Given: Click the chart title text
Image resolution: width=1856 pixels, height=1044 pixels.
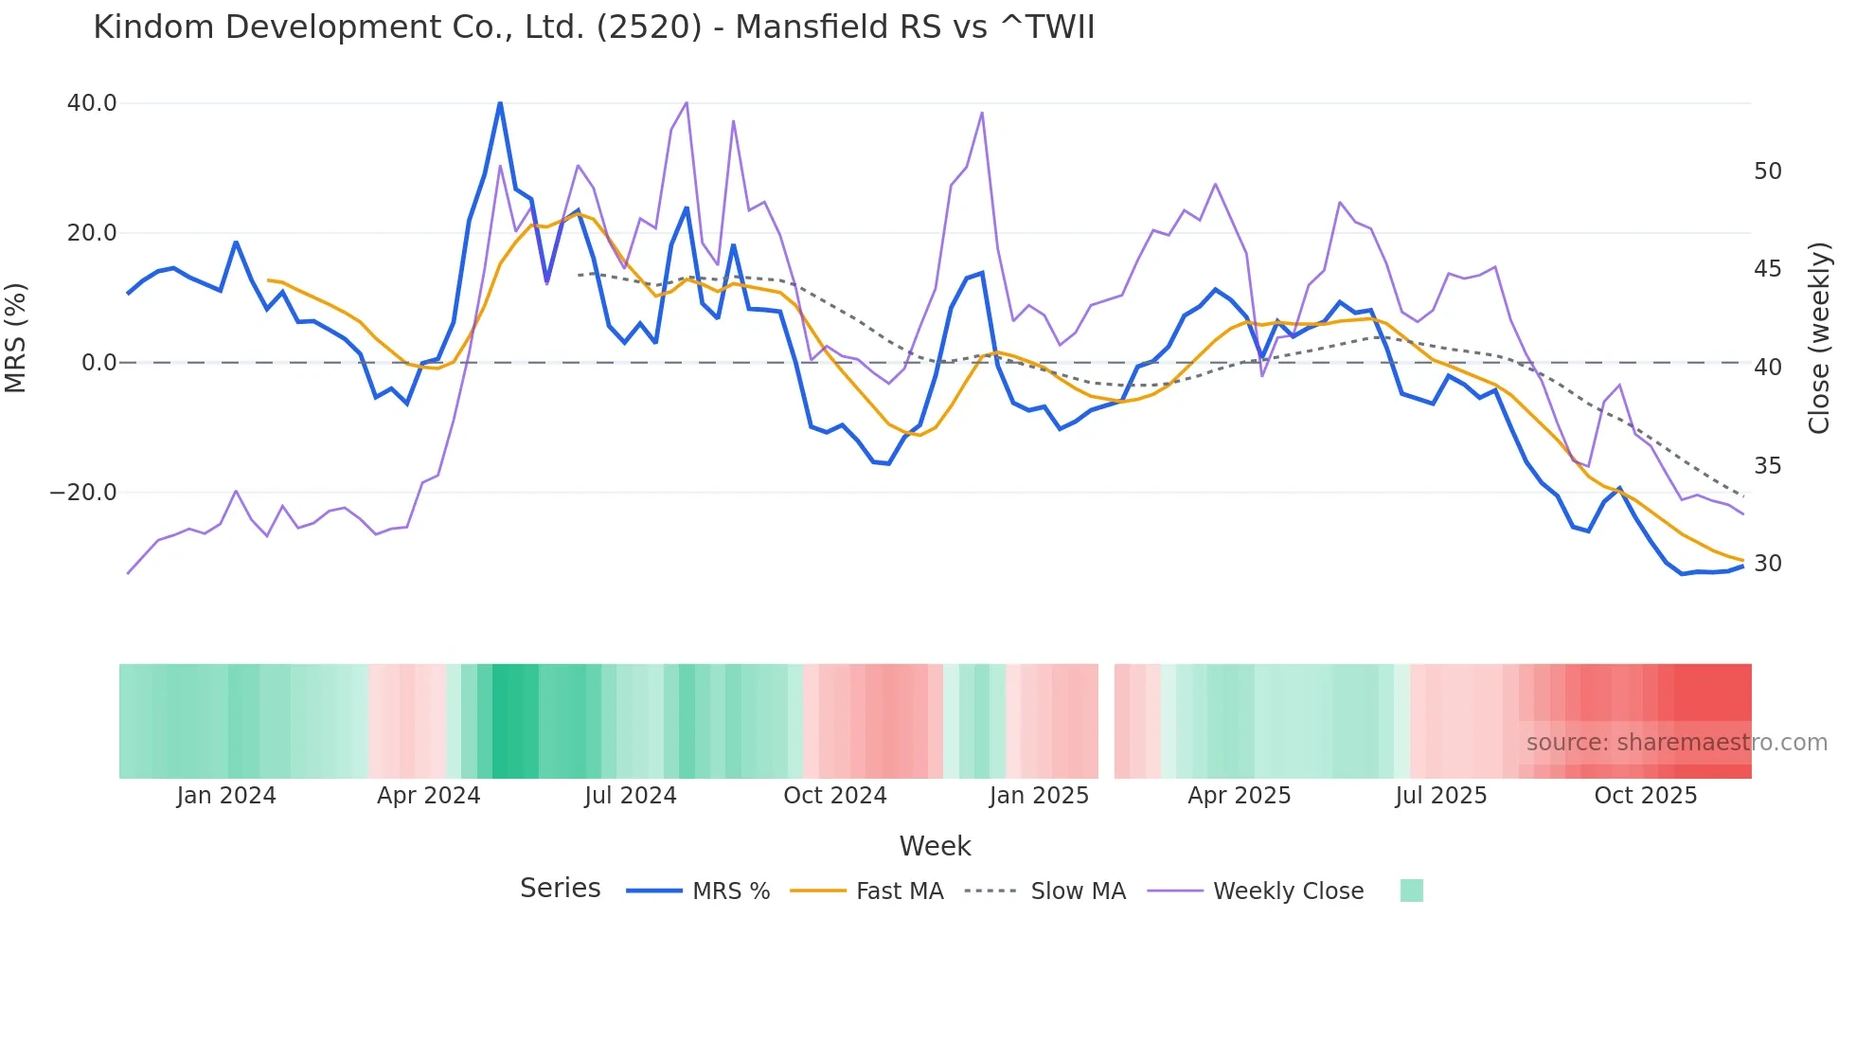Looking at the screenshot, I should pos(594,27).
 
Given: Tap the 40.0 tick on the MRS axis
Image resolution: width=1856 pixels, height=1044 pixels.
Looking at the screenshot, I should pos(92,103).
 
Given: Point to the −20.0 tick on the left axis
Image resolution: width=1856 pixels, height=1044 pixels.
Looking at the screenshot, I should pos(83,493).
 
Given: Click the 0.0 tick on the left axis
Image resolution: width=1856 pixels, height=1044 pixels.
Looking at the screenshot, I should pos(98,363).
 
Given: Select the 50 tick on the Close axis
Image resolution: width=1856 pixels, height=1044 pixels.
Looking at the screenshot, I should pos(1767,171).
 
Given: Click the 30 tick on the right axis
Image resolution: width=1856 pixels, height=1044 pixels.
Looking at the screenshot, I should pos(1767,564).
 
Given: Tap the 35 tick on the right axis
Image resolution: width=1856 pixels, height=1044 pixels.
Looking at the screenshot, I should pos(1767,466).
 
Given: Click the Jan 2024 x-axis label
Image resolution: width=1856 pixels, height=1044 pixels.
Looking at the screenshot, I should pos(226,796).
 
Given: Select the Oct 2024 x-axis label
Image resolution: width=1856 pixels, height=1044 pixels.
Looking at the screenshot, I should pos(834,796).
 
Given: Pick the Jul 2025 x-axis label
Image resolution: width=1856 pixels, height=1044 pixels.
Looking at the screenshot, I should pos(1440,796).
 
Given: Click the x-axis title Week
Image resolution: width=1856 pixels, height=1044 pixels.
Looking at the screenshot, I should pos(935,846).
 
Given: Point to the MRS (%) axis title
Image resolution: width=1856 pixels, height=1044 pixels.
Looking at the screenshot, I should pos(16,337).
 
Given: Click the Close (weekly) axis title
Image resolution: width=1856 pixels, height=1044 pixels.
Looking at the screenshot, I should pos(1819,338).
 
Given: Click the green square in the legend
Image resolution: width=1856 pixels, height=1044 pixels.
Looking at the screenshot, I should pos(1411,891).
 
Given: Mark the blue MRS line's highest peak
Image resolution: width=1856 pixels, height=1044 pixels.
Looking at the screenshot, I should pos(500,103).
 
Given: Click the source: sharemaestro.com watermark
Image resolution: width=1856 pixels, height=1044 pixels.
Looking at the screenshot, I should pos(1676,743).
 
